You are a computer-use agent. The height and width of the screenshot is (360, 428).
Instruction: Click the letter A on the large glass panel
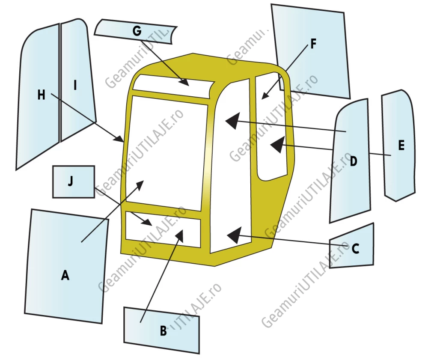click(65, 275)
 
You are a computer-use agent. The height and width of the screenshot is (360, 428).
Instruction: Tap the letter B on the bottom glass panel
click(163, 331)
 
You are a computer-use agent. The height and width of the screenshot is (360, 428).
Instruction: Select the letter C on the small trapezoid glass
click(355, 249)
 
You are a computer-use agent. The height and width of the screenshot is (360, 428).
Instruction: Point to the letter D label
click(353, 161)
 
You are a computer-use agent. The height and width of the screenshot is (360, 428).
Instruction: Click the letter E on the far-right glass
click(401, 145)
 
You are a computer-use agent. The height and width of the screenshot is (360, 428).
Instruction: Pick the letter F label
click(313, 43)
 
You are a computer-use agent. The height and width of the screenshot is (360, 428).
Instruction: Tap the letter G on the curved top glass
click(137, 30)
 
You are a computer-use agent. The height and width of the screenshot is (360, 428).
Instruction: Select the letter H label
click(41, 95)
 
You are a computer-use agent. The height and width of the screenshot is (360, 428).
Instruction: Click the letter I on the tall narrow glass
click(75, 85)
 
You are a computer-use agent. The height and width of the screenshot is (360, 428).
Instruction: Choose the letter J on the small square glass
click(71, 181)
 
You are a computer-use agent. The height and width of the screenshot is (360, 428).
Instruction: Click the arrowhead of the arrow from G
click(184, 82)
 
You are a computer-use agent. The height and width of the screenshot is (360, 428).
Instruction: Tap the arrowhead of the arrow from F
click(264, 95)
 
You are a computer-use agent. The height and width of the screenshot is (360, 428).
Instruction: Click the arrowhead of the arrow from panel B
click(180, 235)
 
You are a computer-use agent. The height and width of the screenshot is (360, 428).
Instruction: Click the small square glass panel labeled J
click(74, 181)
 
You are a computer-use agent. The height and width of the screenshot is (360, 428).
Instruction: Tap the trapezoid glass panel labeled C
click(352, 246)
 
